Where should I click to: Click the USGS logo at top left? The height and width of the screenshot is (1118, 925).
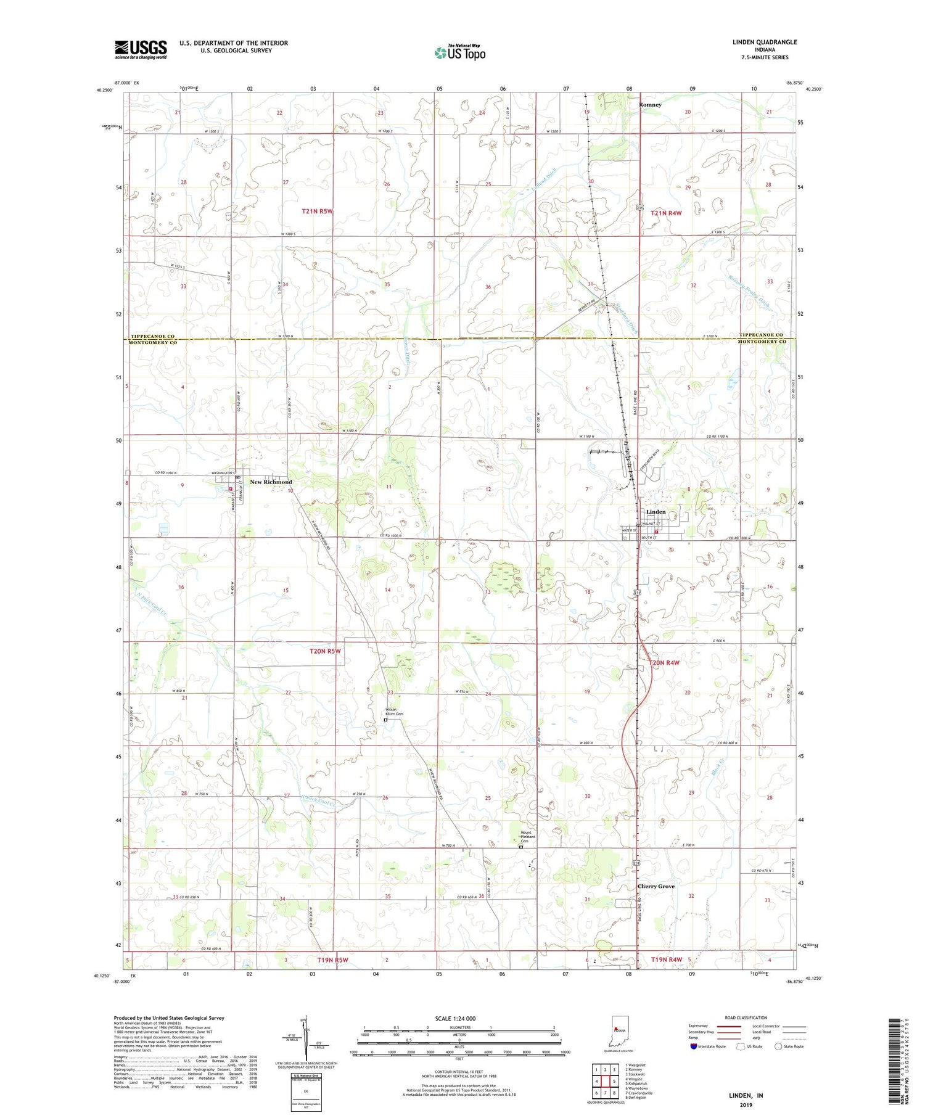[141, 49]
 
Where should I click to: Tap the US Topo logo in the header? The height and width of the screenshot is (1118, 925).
[459, 53]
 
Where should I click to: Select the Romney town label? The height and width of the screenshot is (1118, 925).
[650, 105]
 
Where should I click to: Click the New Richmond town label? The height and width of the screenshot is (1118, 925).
[271, 482]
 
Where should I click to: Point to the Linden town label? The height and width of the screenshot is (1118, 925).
[656, 512]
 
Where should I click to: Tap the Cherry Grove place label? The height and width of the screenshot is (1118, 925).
[656, 886]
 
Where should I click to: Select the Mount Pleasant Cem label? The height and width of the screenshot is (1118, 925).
[525, 836]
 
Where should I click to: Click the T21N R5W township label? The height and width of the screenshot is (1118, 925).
[317, 211]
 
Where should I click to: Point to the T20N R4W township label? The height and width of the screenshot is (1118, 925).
[664, 662]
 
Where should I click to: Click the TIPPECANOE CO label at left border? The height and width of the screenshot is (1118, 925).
[152, 335]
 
